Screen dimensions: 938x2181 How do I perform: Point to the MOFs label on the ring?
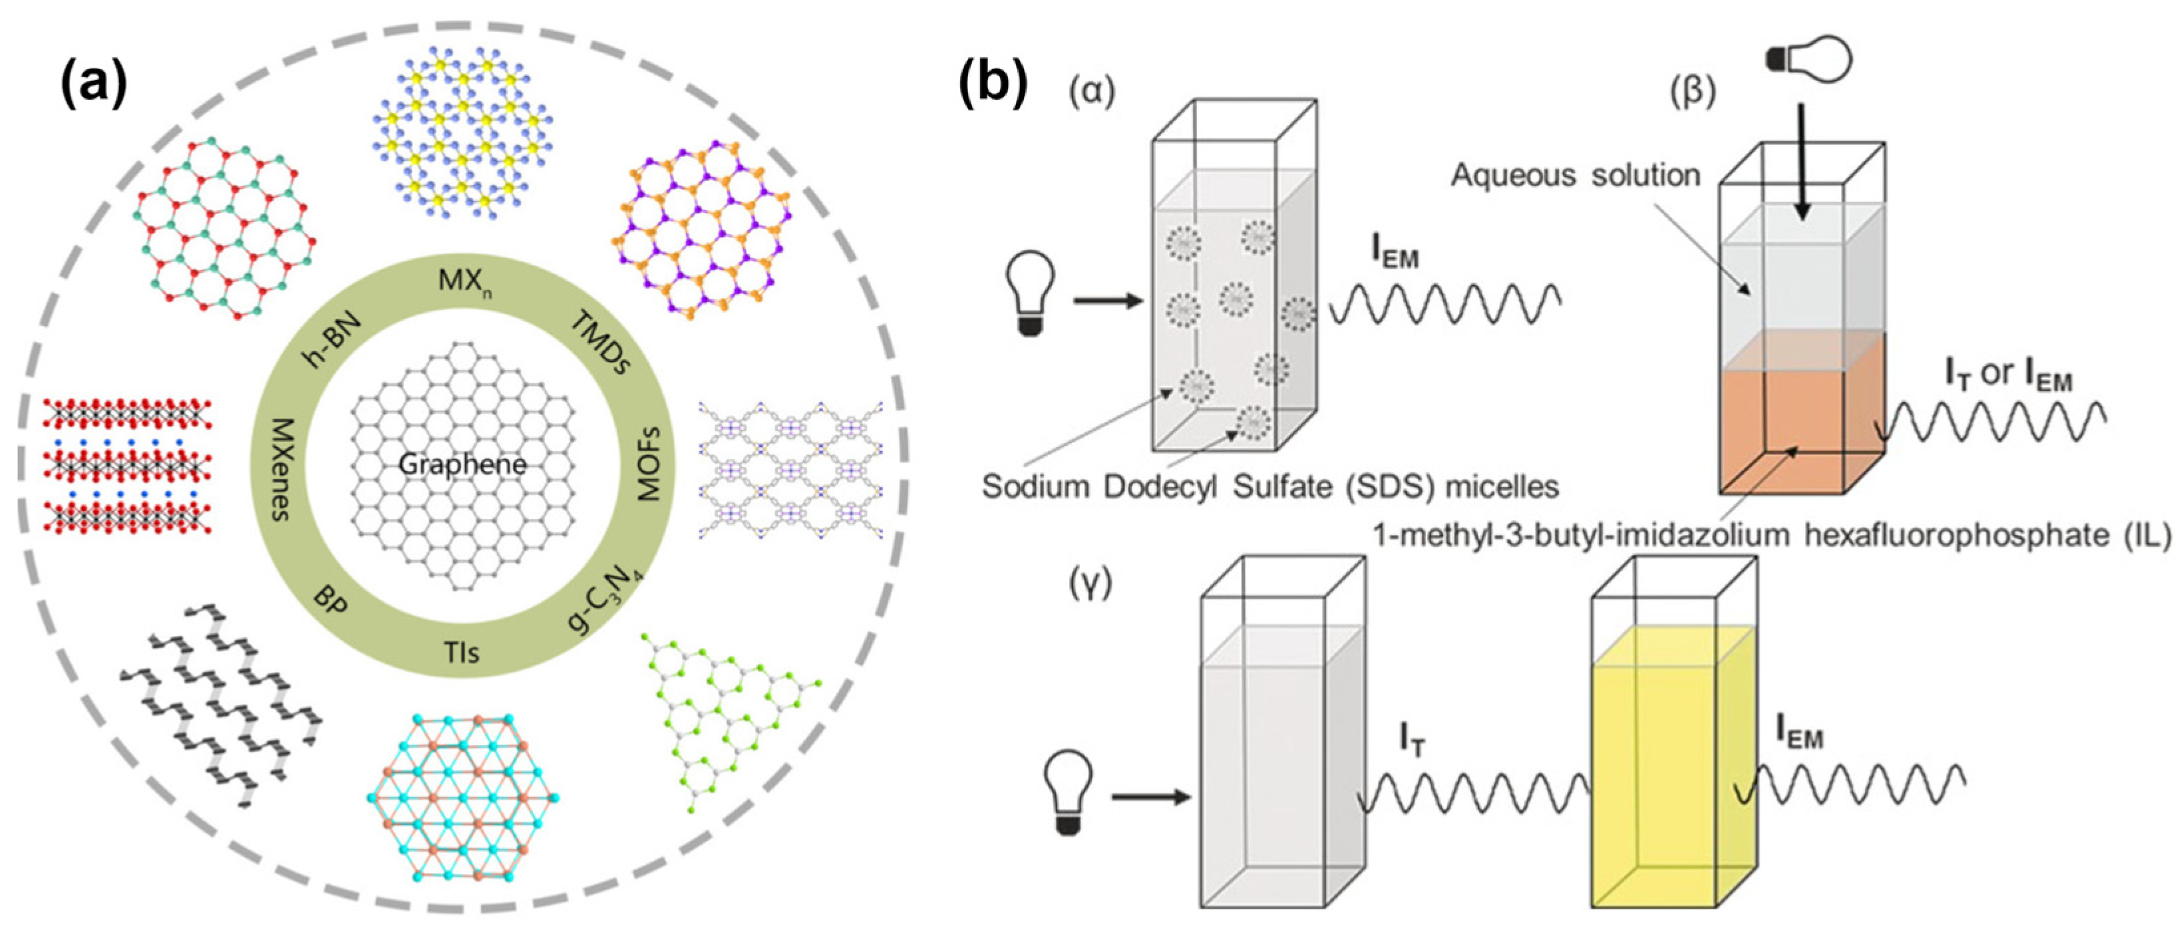click(647, 464)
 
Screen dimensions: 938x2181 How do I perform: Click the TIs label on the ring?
click(462, 652)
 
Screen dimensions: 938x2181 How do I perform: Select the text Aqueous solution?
click(1575, 175)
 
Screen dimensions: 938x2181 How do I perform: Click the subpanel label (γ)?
click(1090, 583)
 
